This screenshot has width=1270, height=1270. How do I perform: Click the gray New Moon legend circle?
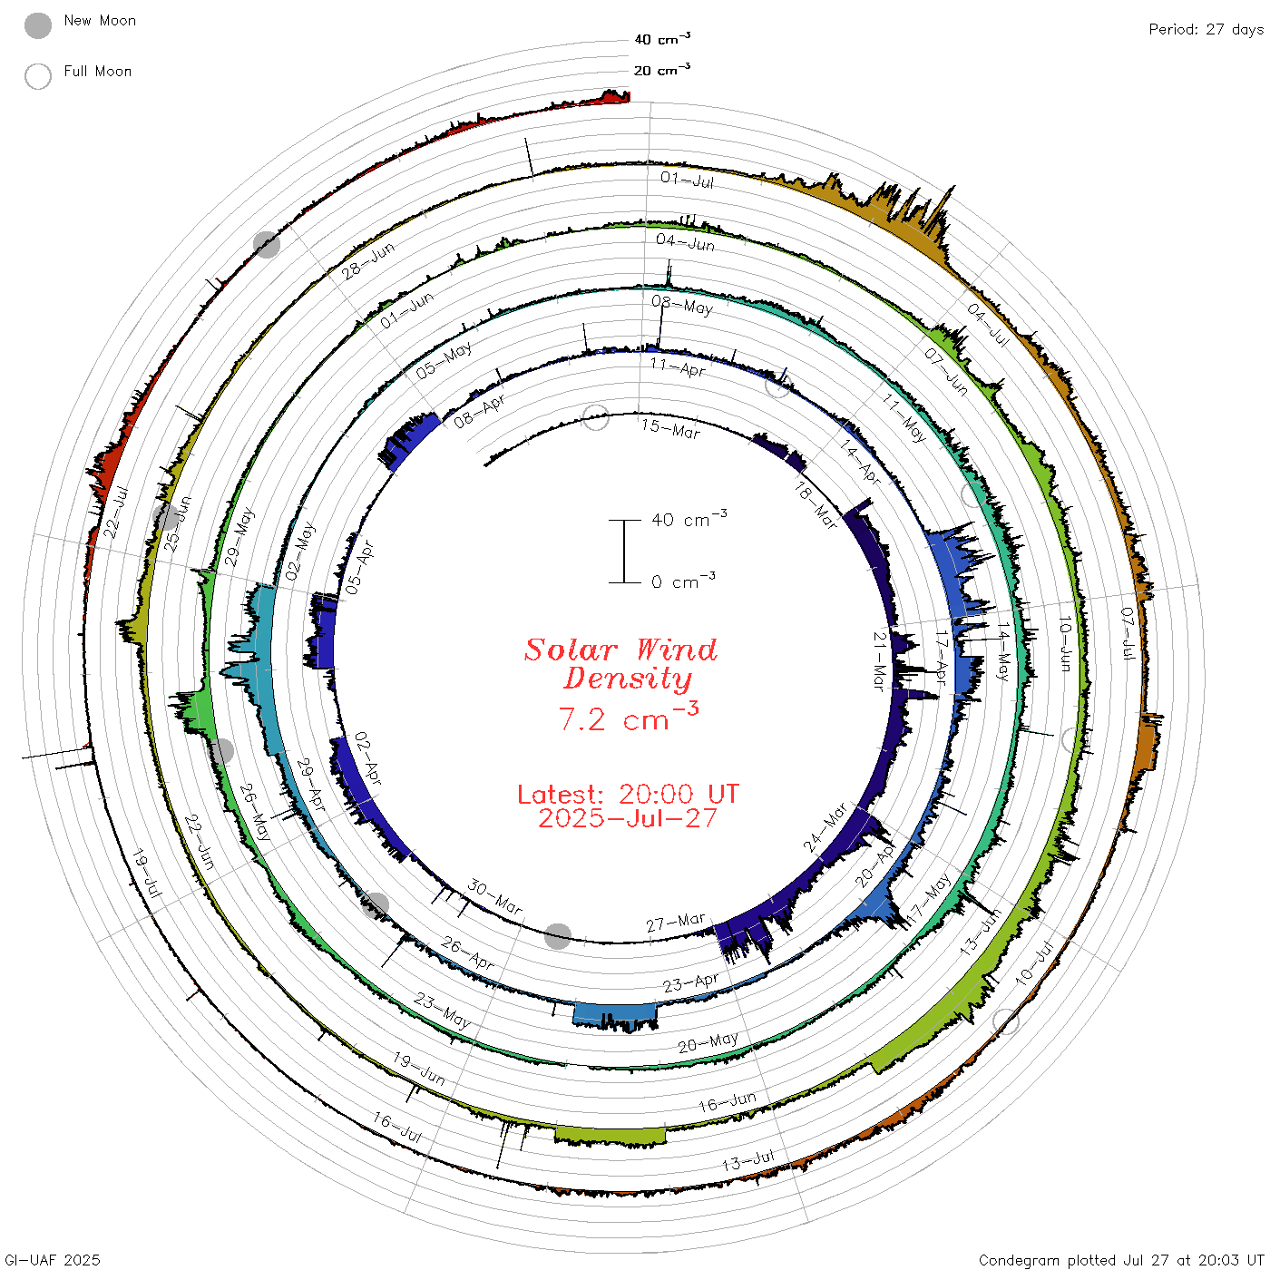tap(37, 25)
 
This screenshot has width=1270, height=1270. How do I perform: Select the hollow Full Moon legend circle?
tap(37, 76)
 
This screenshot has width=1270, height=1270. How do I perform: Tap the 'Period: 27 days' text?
tap(1206, 30)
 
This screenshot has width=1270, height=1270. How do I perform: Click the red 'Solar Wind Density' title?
tap(620, 664)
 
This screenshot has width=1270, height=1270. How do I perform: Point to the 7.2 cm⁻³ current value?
tap(628, 717)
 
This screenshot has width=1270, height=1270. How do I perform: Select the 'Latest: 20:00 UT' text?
tap(628, 794)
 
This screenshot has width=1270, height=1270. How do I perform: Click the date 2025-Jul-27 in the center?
tap(628, 818)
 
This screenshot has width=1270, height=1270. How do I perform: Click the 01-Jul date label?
tap(687, 180)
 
